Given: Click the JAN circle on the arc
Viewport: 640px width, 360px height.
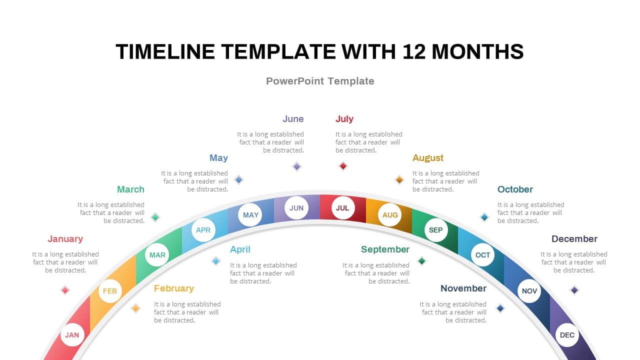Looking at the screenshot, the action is pos(72,335).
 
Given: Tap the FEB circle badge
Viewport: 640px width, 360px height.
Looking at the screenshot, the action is pos(110,291).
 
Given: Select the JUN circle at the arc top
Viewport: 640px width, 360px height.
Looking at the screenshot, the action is pos(296,207).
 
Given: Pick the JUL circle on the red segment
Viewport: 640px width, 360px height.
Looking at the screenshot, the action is pos(343,207).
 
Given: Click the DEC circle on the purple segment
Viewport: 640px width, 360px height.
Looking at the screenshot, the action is pos(567,335).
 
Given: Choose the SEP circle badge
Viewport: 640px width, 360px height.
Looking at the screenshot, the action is pos(436,230).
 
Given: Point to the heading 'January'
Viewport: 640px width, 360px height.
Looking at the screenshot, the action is pos(65,239).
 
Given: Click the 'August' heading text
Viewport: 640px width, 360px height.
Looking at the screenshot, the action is pos(427,158).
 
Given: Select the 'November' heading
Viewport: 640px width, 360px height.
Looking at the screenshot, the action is pos(463,288).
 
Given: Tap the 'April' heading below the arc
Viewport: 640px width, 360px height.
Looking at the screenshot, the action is pos(240,249).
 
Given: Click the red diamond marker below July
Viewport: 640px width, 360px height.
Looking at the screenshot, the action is pos(343,165).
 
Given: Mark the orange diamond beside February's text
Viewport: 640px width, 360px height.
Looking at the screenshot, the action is pos(135,308).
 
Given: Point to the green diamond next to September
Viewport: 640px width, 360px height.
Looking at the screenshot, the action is pos(421,261).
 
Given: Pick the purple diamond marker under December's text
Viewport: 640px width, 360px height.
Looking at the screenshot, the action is pos(574,290).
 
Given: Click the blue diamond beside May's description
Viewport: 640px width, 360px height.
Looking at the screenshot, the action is pos(238,179).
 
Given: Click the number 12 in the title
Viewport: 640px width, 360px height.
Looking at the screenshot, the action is pos(414,51).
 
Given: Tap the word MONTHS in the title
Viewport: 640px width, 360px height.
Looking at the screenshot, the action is pos(477,51).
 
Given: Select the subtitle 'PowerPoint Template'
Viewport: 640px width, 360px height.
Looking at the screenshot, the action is pos(320,81).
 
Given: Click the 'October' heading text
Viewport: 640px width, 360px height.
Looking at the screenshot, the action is pos(515,189).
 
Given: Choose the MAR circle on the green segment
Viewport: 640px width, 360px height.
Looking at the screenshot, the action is pos(157,255).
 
